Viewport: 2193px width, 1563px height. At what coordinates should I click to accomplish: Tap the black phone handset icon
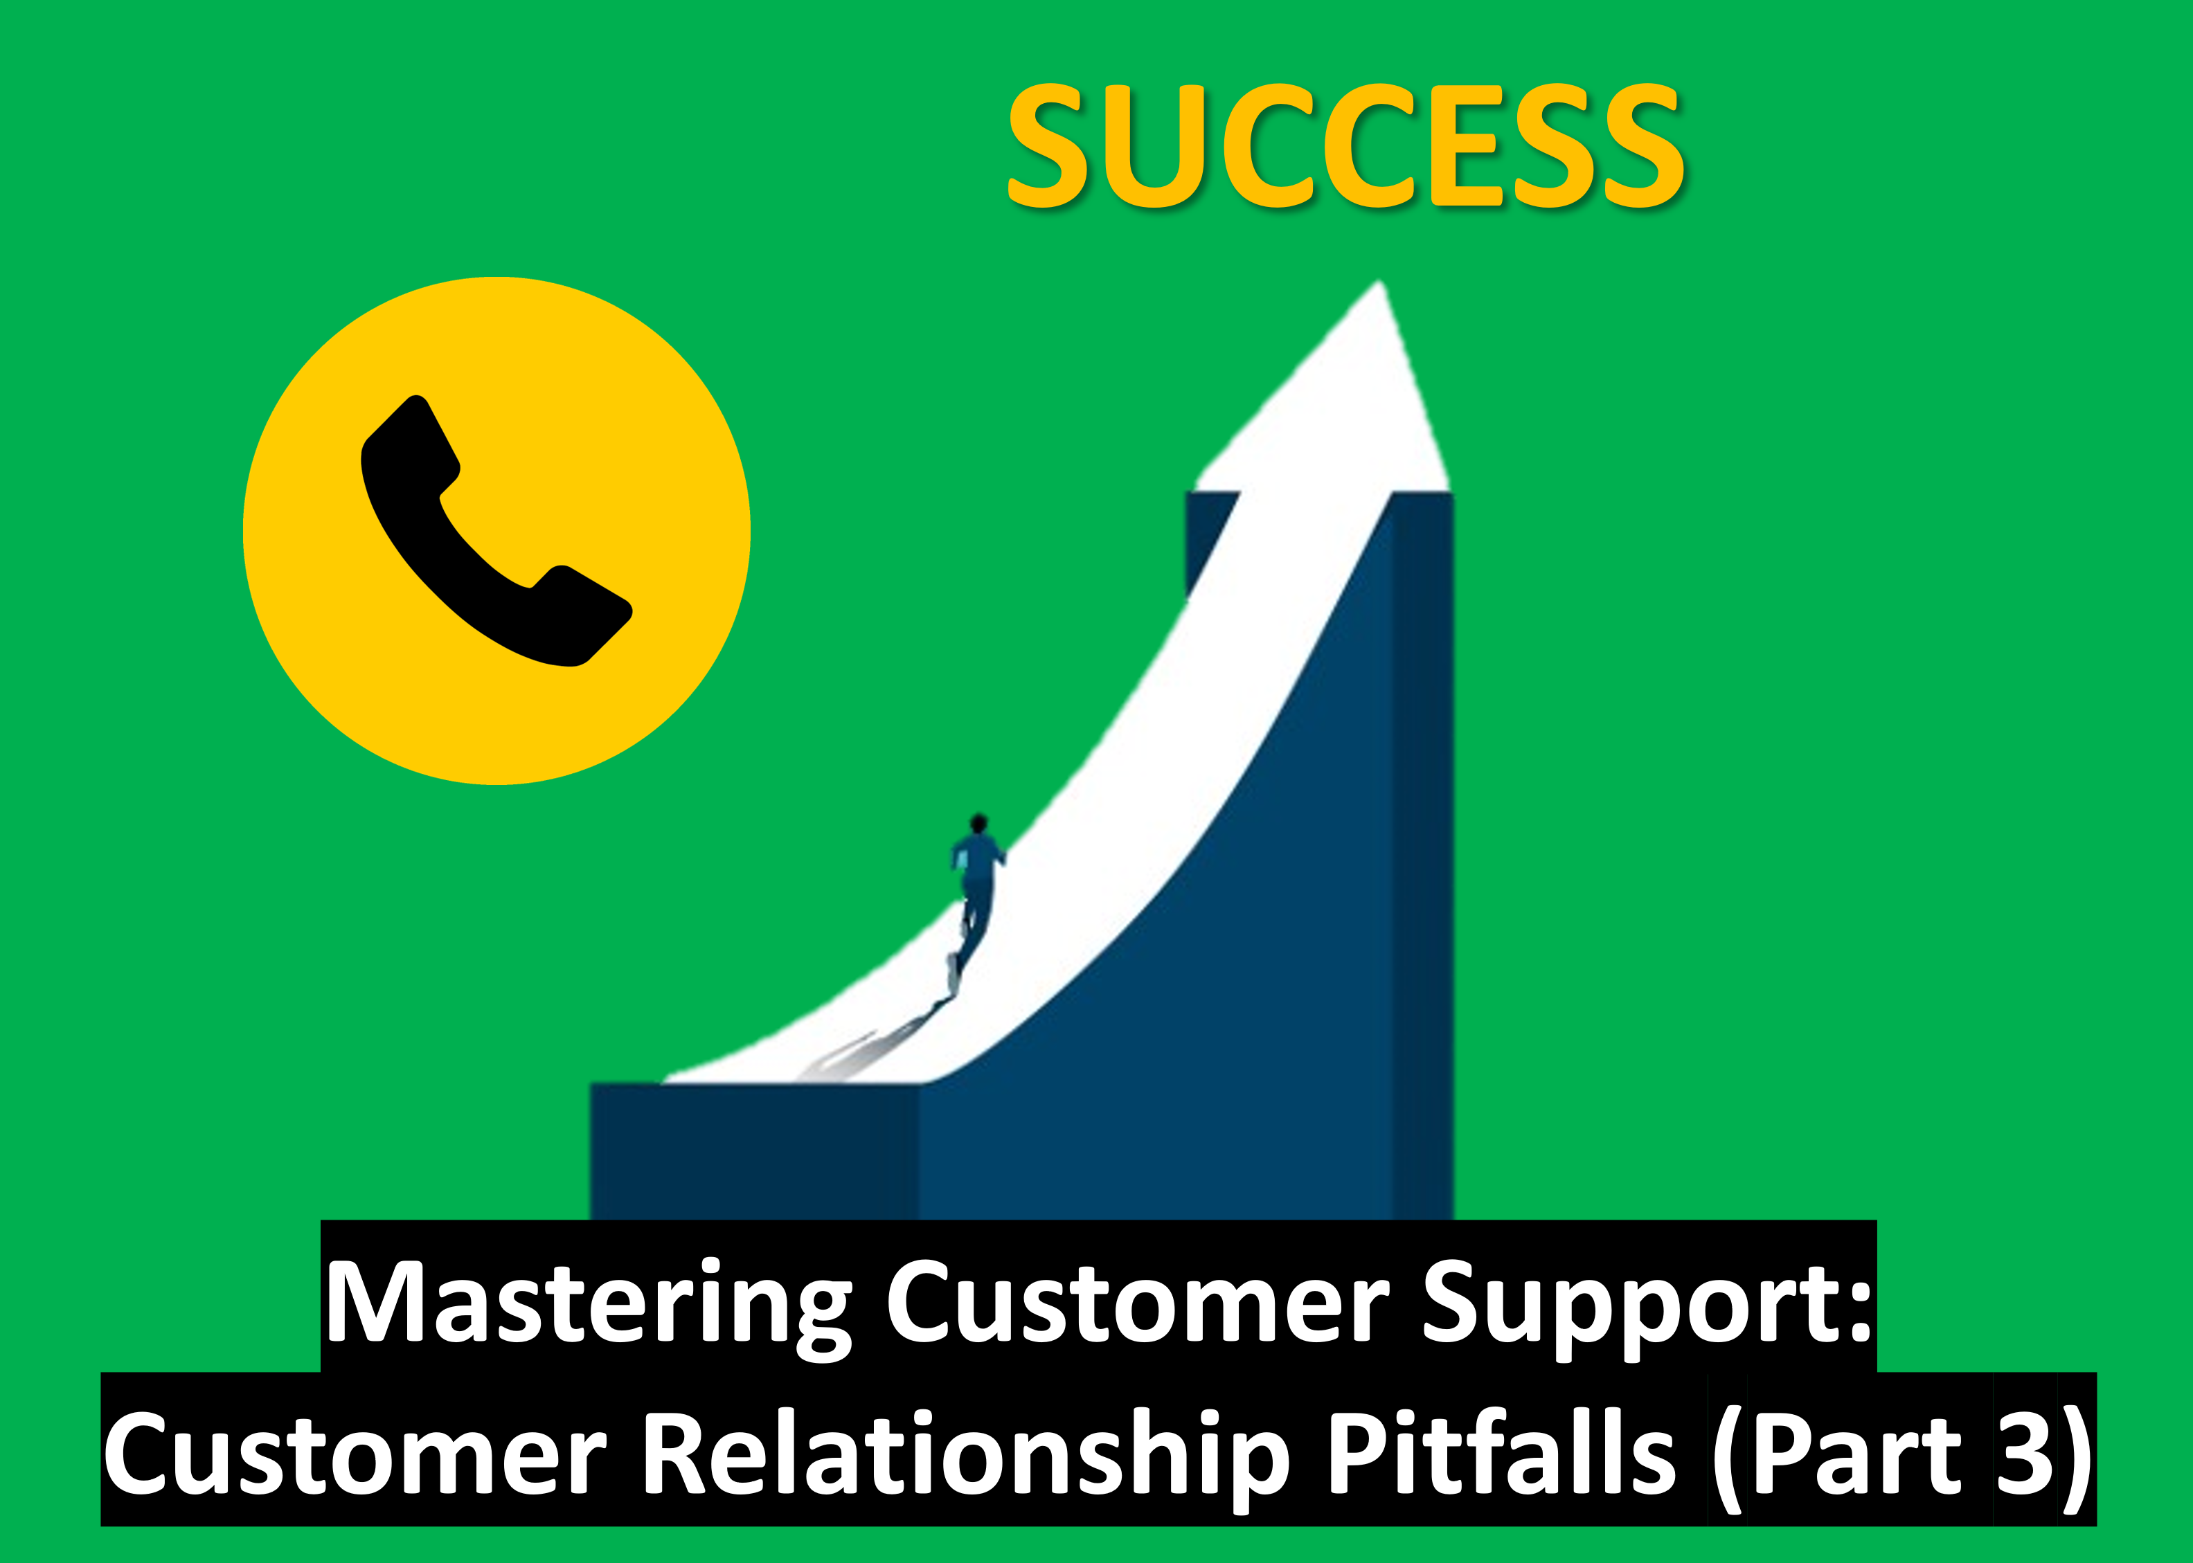pos(496,530)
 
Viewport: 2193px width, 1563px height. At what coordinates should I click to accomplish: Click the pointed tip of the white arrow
pos(1381,282)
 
